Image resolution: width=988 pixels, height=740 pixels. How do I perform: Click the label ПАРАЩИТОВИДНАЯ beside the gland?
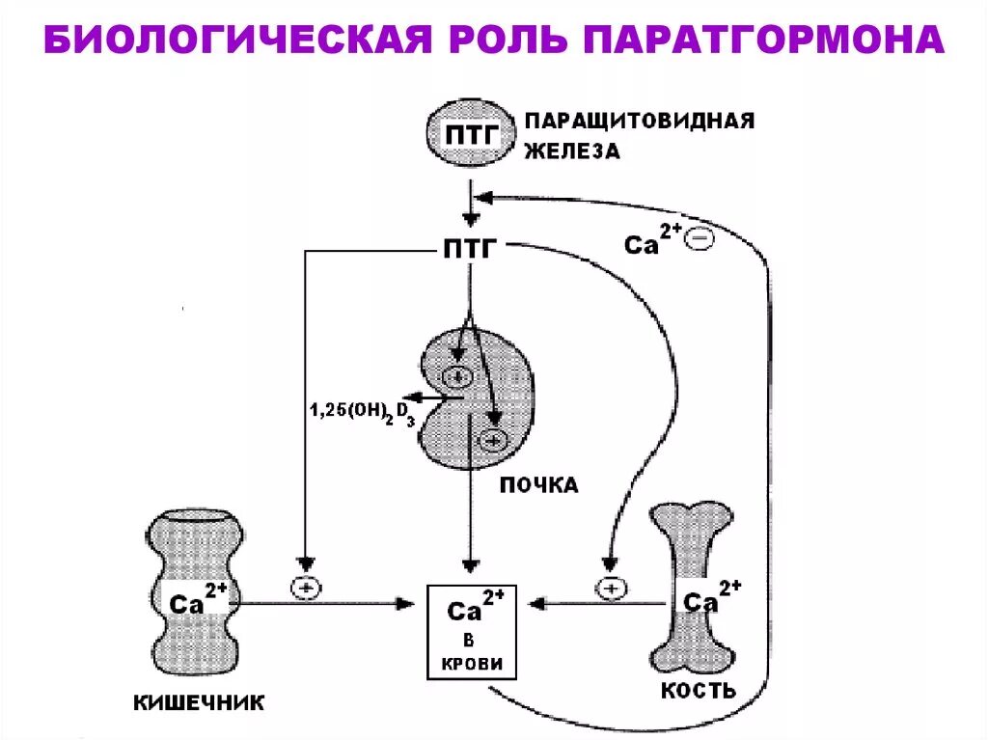[x=639, y=123]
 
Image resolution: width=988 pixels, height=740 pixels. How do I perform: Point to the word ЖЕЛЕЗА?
[x=572, y=151]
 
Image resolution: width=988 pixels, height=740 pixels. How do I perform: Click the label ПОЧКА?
[x=538, y=485]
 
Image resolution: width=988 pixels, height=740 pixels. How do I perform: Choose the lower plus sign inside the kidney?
[x=495, y=441]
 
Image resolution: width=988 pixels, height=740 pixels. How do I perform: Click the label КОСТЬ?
[x=699, y=691]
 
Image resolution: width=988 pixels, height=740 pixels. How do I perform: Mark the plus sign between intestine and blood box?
[x=305, y=586]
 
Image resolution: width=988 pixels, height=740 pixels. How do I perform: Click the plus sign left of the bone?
[x=609, y=586]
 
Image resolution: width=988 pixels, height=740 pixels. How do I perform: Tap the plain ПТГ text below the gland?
[x=470, y=250]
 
